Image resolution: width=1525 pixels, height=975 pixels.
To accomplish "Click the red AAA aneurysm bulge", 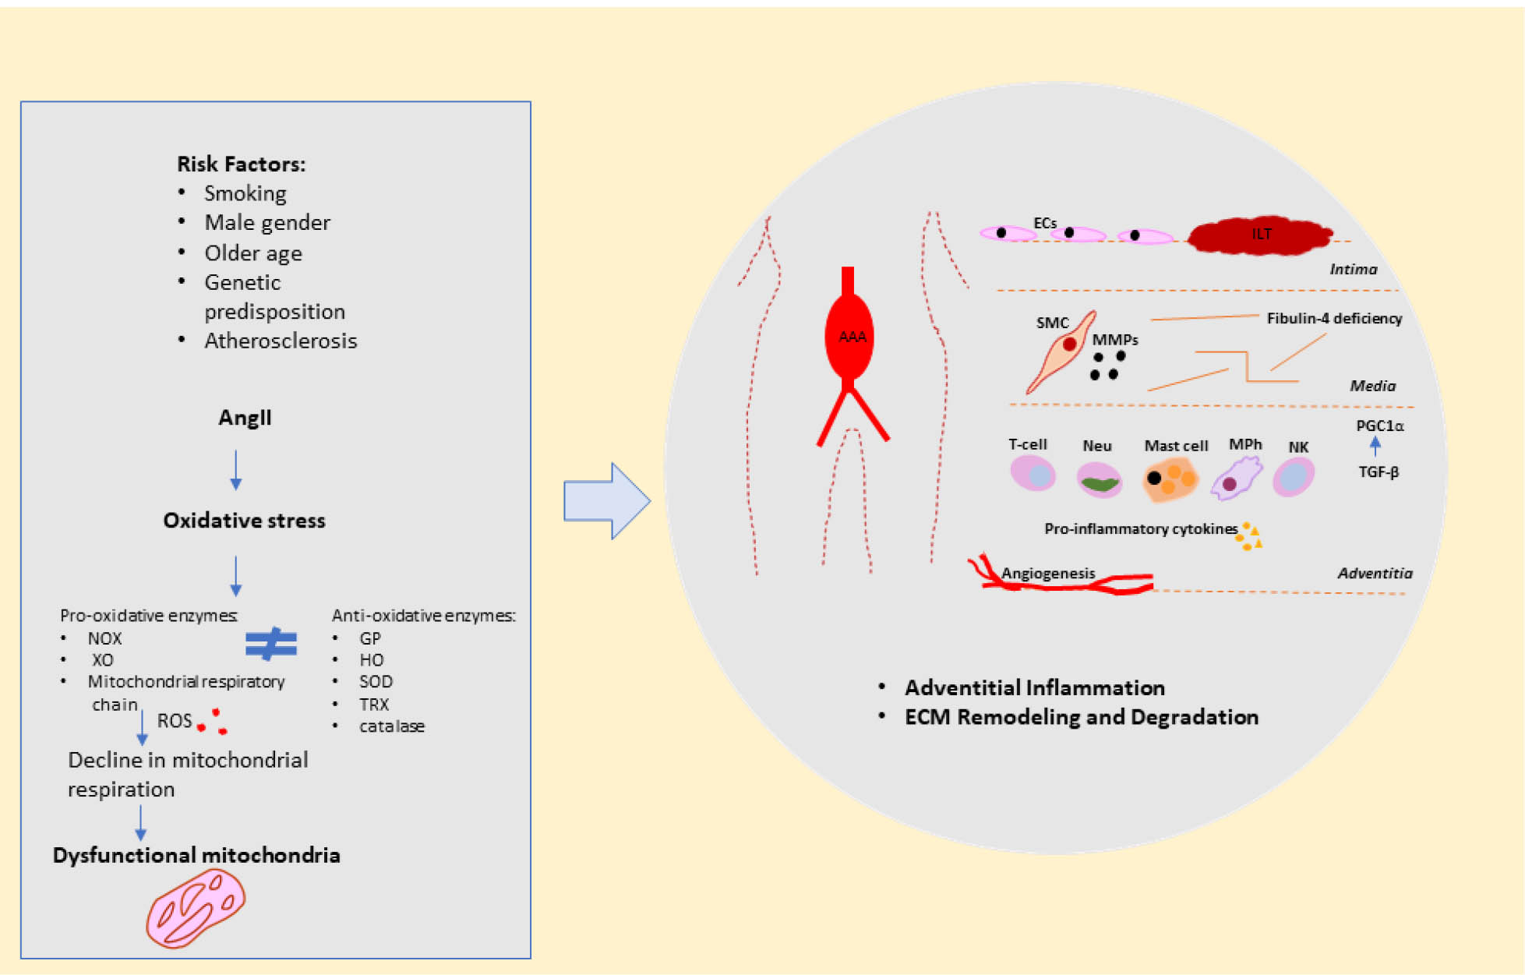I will click(x=849, y=337).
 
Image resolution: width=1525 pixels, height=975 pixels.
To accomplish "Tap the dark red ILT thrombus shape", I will click(x=1259, y=235).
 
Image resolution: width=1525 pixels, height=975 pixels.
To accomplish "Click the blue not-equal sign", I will click(x=271, y=644).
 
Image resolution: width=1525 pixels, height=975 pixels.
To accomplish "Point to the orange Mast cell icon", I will click(x=1170, y=479).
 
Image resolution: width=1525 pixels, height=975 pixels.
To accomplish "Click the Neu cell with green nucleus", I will click(x=1099, y=479).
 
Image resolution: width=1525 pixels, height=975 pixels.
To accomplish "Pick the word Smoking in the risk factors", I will click(x=245, y=193).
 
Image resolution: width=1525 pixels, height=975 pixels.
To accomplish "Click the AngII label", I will click(x=245, y=418).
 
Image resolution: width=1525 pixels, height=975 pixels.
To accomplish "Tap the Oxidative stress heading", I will click(x=244, y=521).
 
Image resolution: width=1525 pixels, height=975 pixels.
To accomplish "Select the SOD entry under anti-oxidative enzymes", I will click(x=376, y=682).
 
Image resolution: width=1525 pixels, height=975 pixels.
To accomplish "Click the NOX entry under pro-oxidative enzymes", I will click(x=104, y=638).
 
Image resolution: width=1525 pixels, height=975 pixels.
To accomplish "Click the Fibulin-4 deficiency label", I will click(x=1333, y=318).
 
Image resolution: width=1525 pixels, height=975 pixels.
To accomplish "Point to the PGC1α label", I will click(x=1379, y=426).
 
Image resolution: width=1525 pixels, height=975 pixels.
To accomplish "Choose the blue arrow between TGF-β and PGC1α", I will click(x=1375, y=447).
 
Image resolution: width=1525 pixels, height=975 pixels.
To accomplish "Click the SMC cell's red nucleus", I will click(x=1070, y=344).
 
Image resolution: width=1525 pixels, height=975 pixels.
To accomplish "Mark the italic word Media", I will click(x=1372, y=386).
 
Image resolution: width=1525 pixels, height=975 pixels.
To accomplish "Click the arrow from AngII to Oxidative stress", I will click(x=236, y=469).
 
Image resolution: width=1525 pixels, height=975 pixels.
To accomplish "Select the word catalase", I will click(x=391, y=726).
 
